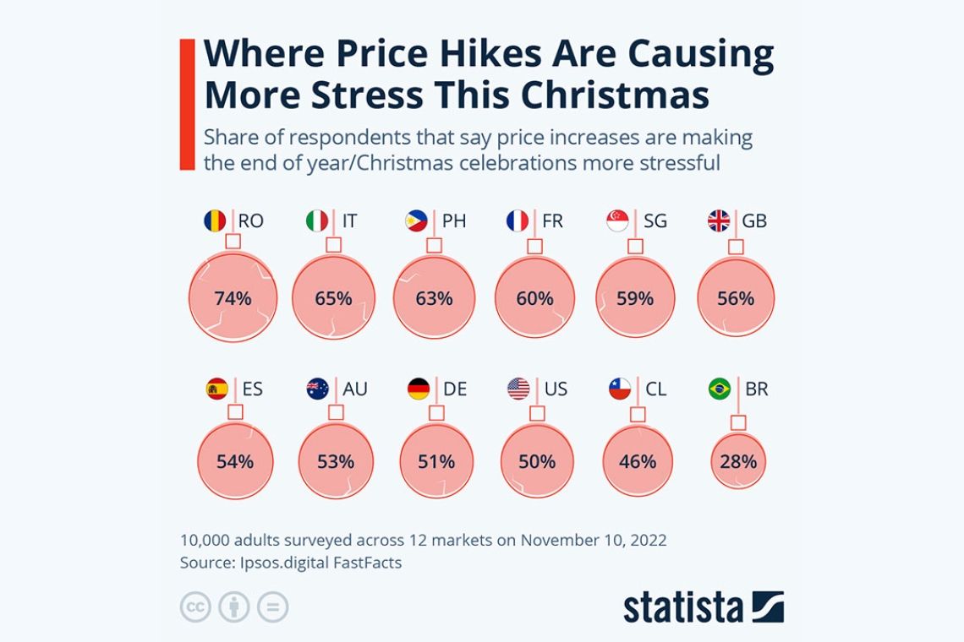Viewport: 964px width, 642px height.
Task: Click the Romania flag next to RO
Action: coord(215,221)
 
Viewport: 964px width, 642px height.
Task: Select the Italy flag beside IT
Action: coord(316,221)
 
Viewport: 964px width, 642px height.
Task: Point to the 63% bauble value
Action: coord(434,298)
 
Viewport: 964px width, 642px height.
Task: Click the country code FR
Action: coord(552,221)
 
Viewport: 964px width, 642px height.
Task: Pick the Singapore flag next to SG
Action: coord(617,221)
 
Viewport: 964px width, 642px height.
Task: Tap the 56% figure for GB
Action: coord(736,298)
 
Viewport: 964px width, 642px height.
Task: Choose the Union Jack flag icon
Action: coord(719,221)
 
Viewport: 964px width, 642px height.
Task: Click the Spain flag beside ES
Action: coord(216,389)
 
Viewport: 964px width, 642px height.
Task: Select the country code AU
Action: coord(354,389)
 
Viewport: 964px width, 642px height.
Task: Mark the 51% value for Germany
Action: coord(435,462)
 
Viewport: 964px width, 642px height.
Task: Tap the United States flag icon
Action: coord(518,389)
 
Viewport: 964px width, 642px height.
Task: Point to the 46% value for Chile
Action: coord(637,462)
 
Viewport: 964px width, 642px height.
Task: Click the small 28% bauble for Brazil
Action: coord(738,462)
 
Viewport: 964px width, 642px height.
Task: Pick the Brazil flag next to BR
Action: coord(720,389)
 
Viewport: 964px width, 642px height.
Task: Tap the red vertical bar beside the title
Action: coord(187,104)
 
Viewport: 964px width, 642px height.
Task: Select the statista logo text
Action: coord(683,607)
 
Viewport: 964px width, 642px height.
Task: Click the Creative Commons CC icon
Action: coord(194,607)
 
